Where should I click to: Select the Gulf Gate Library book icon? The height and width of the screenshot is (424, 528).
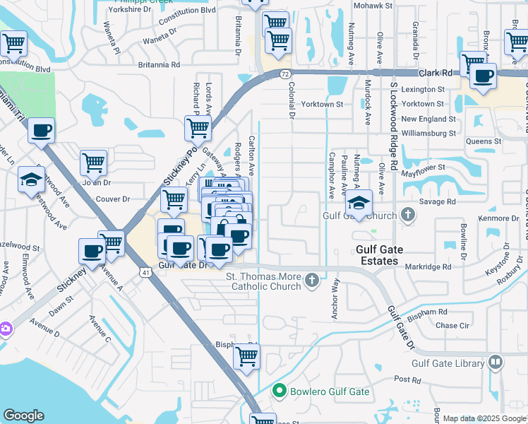[x=496, y=363]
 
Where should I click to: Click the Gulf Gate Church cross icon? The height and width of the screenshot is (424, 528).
[x=407, y=214]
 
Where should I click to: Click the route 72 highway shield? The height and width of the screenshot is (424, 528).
[x=284, y=73]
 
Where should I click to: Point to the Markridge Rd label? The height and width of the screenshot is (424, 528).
[x=428, y=266]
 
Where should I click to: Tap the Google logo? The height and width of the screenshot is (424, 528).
[x=23, y=416]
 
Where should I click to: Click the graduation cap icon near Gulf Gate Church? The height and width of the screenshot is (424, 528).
[x=359, y=203]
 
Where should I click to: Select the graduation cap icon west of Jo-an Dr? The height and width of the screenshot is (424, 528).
[x=31, y=179]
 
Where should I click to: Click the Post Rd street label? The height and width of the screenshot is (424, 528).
[x=407, y=379]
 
